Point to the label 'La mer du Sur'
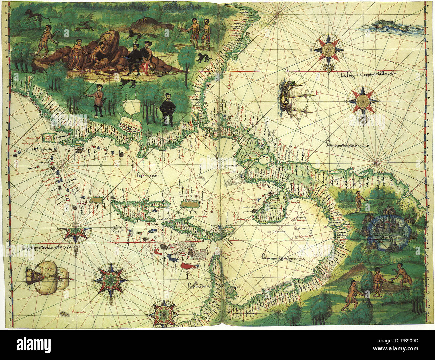(x=347, y=145)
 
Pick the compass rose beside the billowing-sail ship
(x=110, y=279)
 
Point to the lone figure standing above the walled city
(x=358, y=201)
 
